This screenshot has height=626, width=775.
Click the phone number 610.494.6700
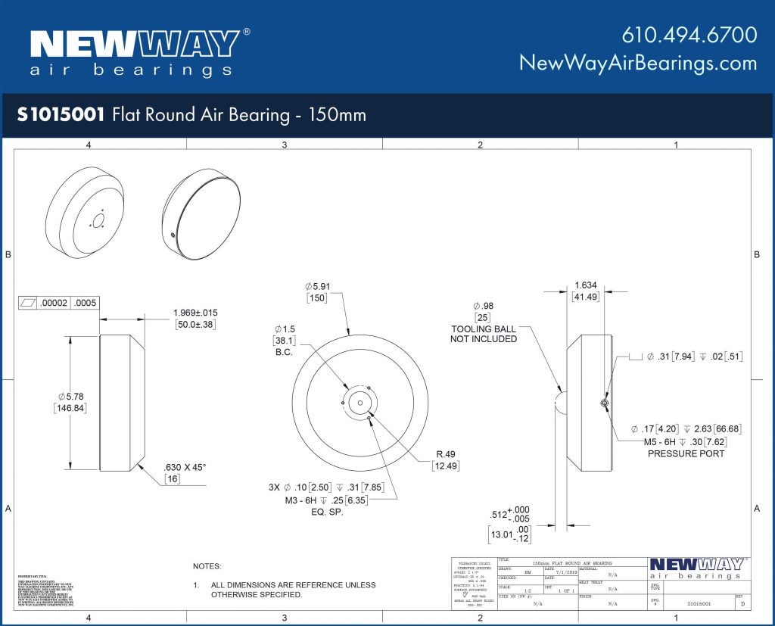point(689,35)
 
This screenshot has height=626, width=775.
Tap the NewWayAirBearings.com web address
point(637,63)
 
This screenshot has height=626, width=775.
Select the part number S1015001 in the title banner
point(62,115)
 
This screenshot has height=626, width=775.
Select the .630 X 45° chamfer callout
point(185,467)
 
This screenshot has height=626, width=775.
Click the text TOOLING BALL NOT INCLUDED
point(484,334)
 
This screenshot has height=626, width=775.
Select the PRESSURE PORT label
point(686,453)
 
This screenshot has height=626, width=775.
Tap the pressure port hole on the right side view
point(602,403)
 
